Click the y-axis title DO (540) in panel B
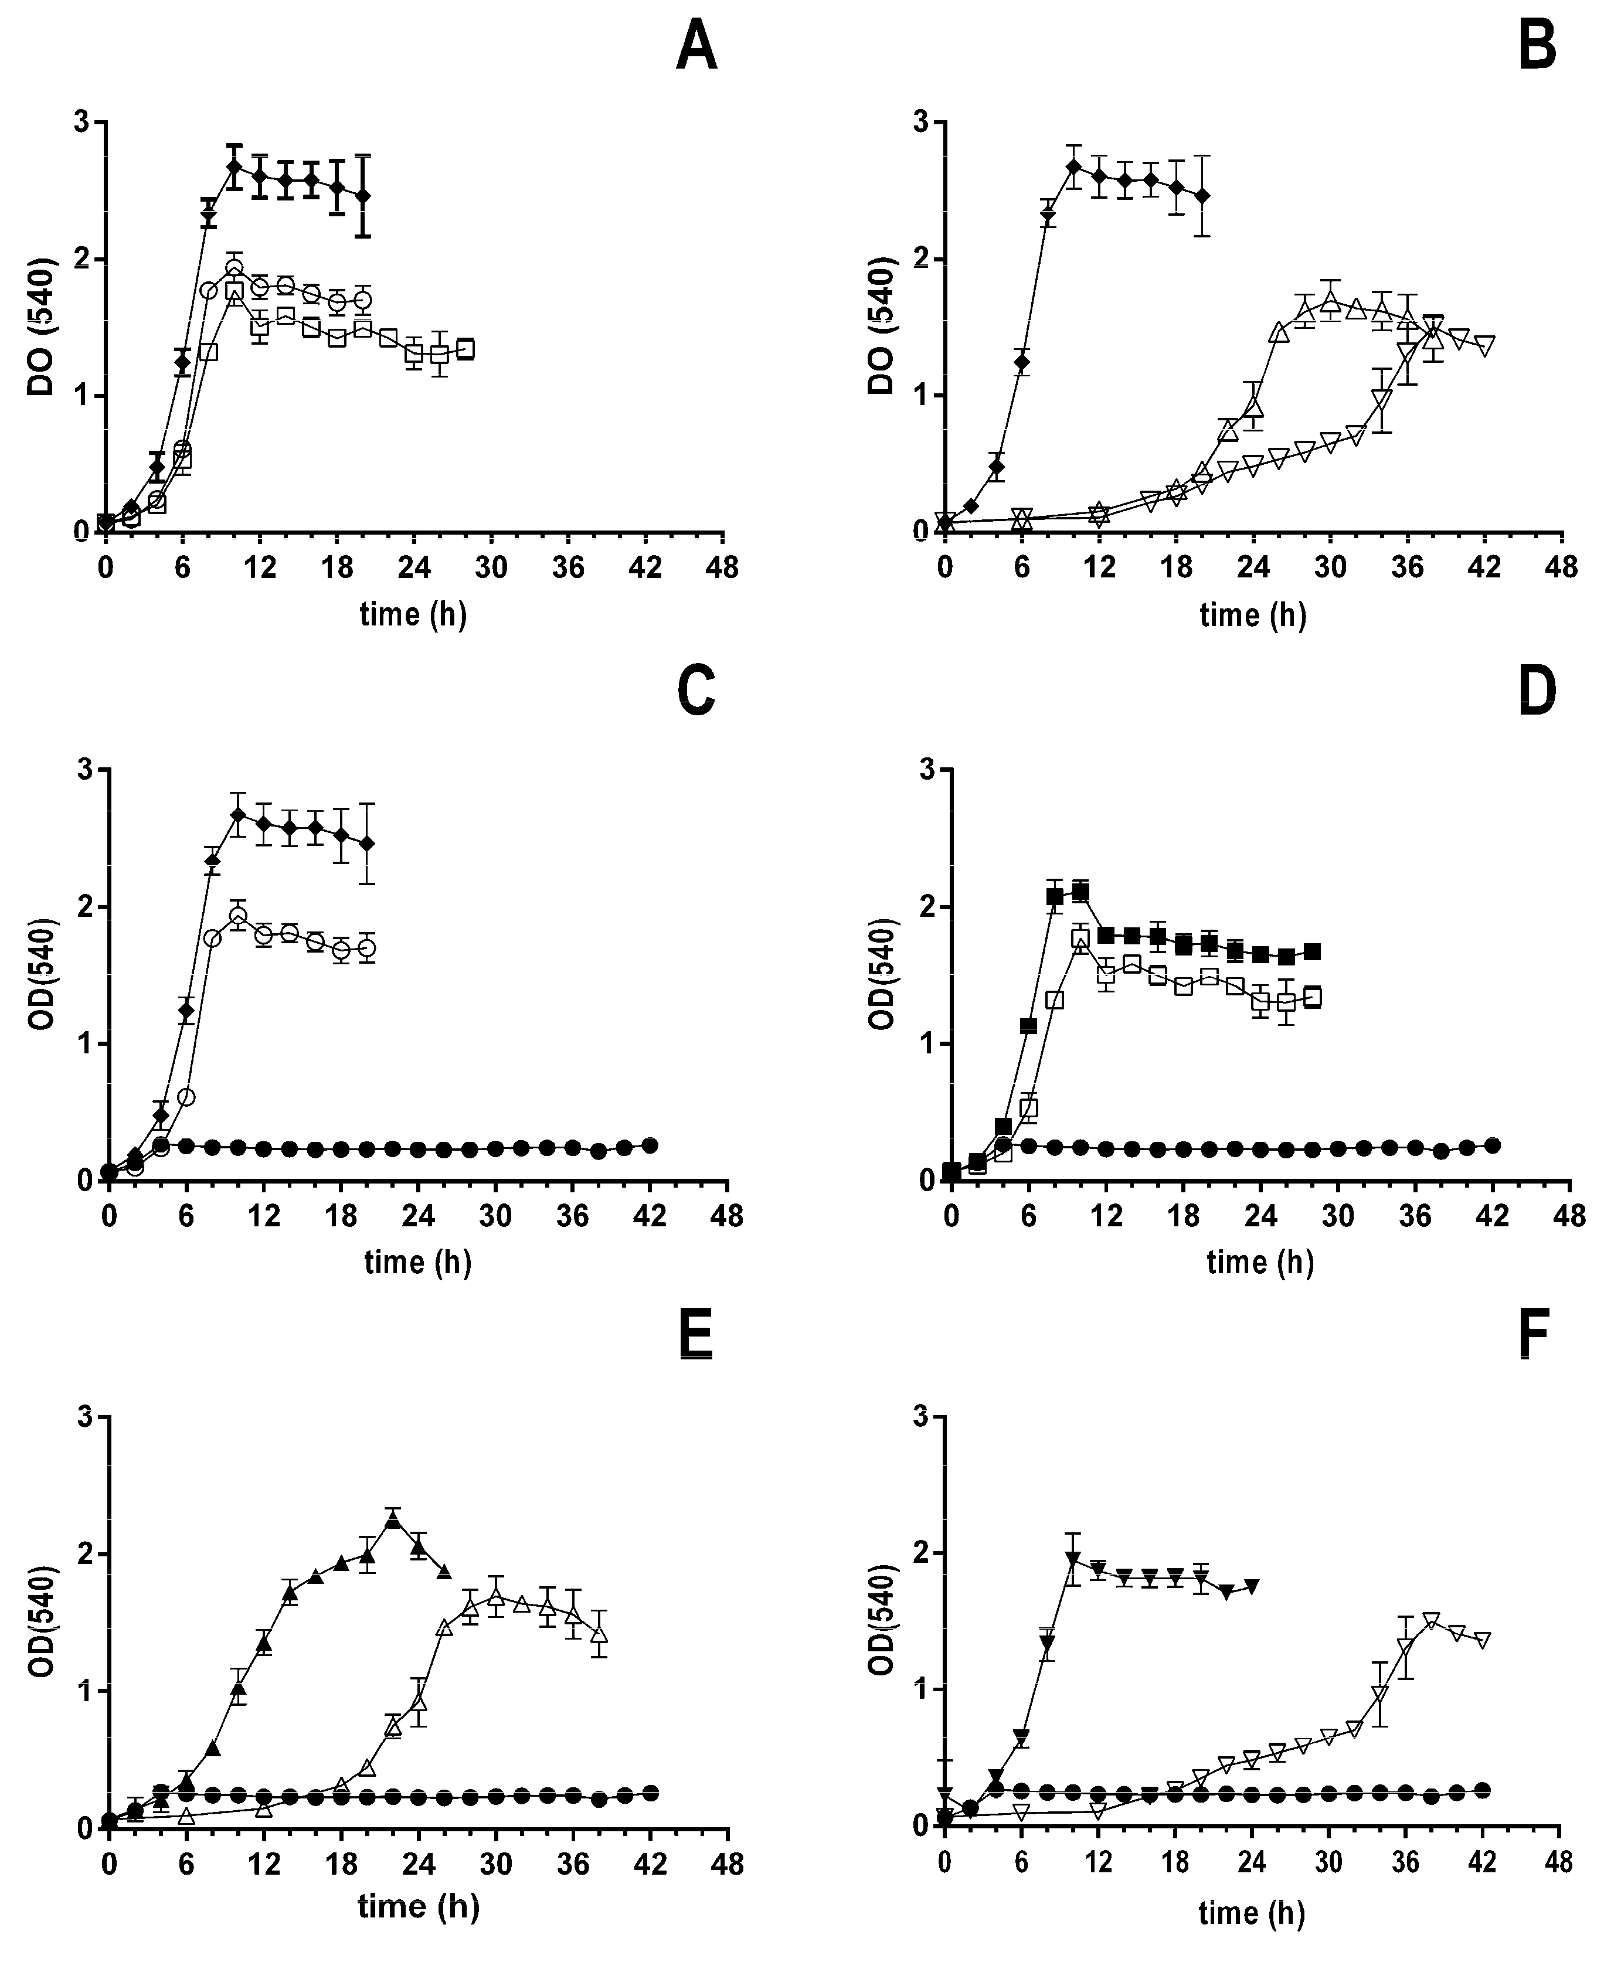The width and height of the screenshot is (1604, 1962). pyautogui.click(x=882, y=327)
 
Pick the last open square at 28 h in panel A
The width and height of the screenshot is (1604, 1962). pyautogui.click(x=465, y=348)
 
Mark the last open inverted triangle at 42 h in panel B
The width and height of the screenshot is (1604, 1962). pyautogui.click(x=1485, y=345)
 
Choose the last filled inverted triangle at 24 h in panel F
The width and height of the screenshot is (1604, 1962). pyautogui.click(x=1252, y=1587)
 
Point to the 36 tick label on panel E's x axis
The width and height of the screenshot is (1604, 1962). pyautogui.click(x=574, y=1864)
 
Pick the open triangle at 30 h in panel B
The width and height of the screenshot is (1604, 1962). pyautogui.click(x=1330, y=302)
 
